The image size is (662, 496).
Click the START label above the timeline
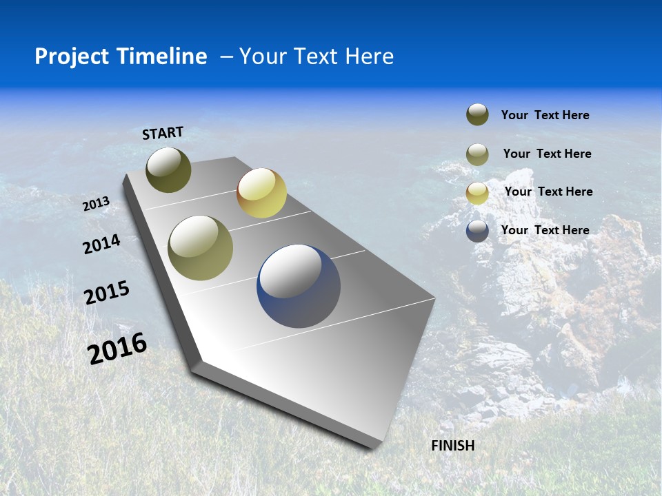click(x=163, y=133)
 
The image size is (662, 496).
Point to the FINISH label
click(x=453, y=446)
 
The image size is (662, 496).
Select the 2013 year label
click(x=97, y=204)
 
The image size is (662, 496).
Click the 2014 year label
click(x=102, y=245)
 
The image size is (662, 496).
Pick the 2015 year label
click(x=107, y=293)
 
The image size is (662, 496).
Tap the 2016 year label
click(x=117, y=348)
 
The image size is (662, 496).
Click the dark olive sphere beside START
click(x=168, y=169)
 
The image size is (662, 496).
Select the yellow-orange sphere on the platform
click(x=261, y=193)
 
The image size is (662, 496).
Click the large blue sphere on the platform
click(x=299, y=286)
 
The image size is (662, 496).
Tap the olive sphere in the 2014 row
click(x=201, y=248)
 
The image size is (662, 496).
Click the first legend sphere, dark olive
click(x=477, y=115)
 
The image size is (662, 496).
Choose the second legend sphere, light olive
click(x=477, y=154)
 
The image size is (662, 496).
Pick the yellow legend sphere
click(x=477, y=193)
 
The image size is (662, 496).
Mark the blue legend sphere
click(x=477, y=231)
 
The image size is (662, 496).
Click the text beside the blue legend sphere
click(x=545, y=230)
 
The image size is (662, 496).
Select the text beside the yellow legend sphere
click(x=548, y=192)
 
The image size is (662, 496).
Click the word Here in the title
click(x=370, y=56)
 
